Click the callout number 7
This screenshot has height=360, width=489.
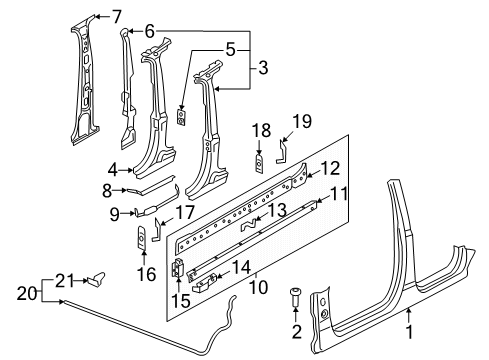[x=116, y=16]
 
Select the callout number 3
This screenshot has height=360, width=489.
[x=263, y=68]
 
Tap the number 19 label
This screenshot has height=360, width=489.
[x=302, y=121]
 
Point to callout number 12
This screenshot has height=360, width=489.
[x=330, y=169]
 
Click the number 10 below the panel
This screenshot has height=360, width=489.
[x=258, y=287]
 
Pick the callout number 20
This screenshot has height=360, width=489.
[x=27, y=294]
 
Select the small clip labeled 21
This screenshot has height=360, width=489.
[x=96, y=279]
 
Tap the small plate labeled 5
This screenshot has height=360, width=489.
[x=181, y=116]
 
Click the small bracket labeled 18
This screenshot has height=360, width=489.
[x=259, y=163]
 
